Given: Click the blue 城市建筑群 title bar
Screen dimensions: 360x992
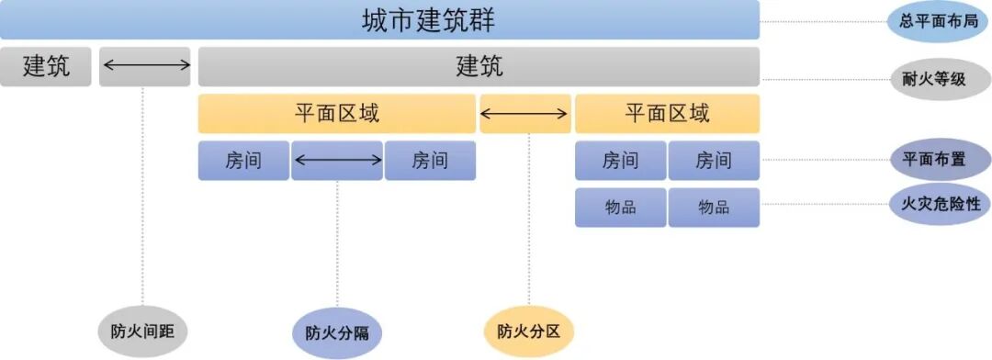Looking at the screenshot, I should (x=379, y=19).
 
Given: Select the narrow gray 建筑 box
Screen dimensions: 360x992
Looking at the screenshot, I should (x=46, y=67).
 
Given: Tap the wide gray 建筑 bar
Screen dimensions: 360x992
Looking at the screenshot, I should (x=479, y=67).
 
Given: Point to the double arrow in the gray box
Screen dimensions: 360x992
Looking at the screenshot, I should (x=145, y=65).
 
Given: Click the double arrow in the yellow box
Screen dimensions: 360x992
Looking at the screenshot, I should (x=524, y=114).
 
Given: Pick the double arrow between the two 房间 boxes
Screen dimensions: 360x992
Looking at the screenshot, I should (x=337, y=161).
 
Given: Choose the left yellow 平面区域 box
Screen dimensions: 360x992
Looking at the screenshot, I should (x=336, y=114).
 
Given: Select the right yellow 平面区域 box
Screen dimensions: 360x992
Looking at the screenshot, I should (x=667, y=114).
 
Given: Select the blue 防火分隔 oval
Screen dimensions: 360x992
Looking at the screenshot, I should (x=337, y=332).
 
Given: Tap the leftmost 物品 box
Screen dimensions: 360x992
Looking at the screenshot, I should (x=620, y=208).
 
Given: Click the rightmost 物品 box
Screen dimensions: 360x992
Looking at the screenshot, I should (x=714, y=208).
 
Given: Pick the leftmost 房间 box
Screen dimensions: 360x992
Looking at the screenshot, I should (x=243, y=161).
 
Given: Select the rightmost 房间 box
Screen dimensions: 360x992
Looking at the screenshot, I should (x=714, y=161).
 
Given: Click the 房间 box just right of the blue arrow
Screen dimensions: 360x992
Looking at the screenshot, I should (x=430, y=161).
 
